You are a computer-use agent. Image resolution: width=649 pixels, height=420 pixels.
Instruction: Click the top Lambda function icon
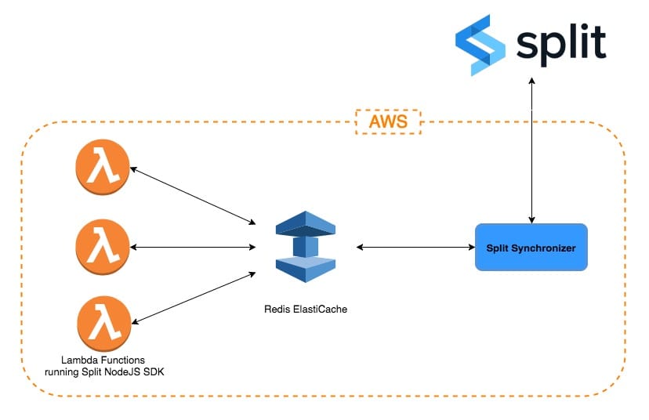pyautogui.click(x=102, y=170)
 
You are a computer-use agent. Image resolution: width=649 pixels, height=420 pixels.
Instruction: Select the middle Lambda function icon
pyautogui.click(x=102, y=248)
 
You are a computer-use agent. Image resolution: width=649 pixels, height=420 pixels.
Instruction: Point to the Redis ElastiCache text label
pyautogui.click(x=305, y=310)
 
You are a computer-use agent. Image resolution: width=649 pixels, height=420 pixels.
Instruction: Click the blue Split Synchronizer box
pyautogui.click(x=531, y=248)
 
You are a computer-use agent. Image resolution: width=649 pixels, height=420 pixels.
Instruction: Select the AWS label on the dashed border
pyautogui.click(x=388, y=122)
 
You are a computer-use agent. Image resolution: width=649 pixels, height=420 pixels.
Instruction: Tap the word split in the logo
pyautogui.click(x=561, y=43)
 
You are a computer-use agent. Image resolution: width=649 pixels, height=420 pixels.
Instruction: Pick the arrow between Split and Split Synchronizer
pyautogui.click(x=532, y=149)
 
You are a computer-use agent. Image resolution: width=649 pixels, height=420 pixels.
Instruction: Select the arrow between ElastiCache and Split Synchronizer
pyautogui.click(x=416, y=248)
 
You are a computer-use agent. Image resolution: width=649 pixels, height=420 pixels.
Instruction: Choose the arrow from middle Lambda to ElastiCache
pyautogui.click(x=193, y=248)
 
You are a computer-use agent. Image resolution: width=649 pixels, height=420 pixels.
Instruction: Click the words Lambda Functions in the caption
pyautogui.click(x=103, y=360)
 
